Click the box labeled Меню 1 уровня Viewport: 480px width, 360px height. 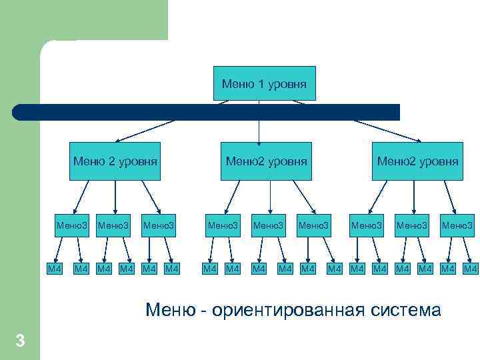[264, 83]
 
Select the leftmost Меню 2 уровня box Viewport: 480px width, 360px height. [115, 161]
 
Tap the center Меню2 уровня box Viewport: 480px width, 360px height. [267, 161]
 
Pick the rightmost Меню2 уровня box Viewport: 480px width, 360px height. [417, 161]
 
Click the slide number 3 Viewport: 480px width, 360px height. [20, 341]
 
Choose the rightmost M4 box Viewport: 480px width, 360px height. [471, 268]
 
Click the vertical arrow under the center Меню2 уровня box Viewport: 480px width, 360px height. [270, 196]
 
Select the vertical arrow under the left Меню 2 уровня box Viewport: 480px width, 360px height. [115, 196]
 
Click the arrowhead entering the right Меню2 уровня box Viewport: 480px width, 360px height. [418, 140]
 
